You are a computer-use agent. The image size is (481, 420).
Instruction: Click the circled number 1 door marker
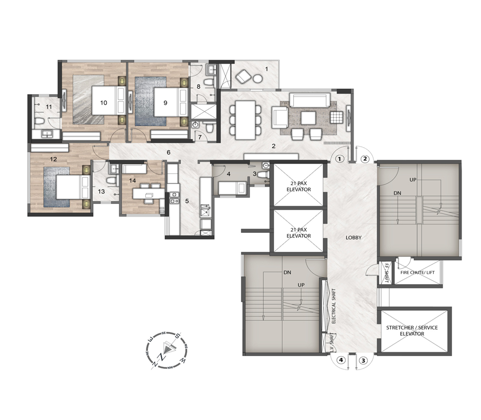339,159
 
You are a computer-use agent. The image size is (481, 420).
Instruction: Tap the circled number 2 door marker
365,159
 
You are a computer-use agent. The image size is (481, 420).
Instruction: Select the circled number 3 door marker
363,361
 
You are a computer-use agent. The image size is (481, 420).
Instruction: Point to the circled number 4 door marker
341,361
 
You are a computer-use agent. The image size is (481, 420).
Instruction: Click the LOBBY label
354,238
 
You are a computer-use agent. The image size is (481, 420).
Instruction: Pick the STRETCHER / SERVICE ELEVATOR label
412,331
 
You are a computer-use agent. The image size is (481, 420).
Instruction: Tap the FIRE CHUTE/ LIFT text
418,272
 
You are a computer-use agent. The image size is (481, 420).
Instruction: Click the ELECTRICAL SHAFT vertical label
334,306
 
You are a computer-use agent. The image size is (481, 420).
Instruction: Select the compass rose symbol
166,350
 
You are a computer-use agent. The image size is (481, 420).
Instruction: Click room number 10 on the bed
104,103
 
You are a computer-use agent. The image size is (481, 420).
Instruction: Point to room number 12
54,159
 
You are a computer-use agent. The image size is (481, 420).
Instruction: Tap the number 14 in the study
132,180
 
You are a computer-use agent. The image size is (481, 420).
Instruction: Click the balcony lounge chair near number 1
243,76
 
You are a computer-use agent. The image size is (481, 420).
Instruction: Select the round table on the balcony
258,79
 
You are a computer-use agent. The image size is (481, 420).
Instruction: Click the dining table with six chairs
245,120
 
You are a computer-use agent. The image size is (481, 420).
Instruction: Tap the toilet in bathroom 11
39,123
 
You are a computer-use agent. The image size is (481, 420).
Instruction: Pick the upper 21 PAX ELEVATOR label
298,187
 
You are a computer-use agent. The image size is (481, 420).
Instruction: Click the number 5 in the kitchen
187,201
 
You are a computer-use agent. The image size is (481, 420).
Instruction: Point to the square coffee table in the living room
308,118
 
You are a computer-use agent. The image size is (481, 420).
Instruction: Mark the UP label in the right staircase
413,180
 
